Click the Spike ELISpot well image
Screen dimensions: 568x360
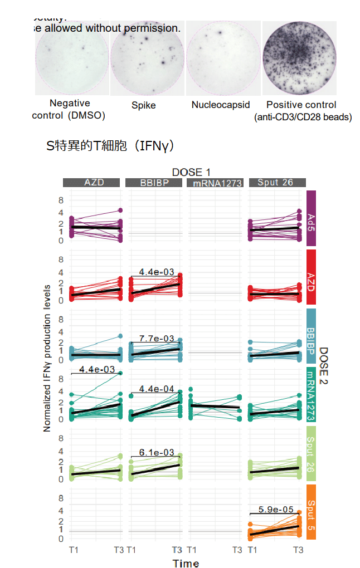pyautogui.click(x=147, y=58)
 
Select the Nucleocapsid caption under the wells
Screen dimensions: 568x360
pyautogui.click(x=221, y=105)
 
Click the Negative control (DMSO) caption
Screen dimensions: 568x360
pyautogui.click(x=69, y=109)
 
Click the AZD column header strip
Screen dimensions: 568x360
pyautogui.click(x=91, y=183)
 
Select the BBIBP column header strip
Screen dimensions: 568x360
pyautogui.click(x=154, y=183)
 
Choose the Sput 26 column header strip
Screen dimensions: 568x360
pyautogui.click(x=276, y=183)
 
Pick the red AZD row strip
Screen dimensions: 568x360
pyautogui.click(x=312, y=277)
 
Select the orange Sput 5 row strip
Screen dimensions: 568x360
pyautogui.click(x=312, y=512)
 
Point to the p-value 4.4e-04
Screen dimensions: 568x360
pyautogui.click(x=157, y=389)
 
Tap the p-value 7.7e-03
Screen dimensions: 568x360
pyautogui.click(x=157, y=338)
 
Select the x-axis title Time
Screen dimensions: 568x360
pyautogui.click(x=186, y=563)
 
